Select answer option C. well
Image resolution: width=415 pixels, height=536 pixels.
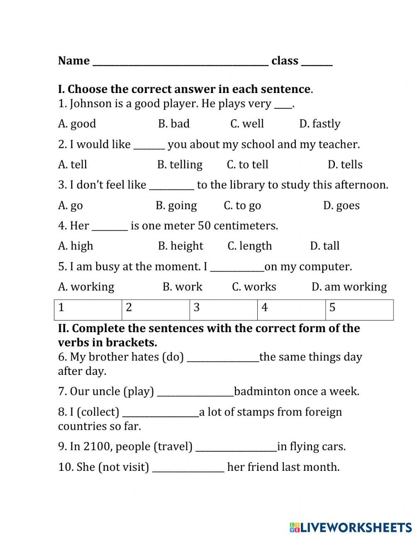pos(247,124)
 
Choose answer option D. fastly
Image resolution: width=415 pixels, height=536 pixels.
pos(320,124)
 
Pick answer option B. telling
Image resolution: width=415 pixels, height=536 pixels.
pos(180,165)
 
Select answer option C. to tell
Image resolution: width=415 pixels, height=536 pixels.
pos(247,165)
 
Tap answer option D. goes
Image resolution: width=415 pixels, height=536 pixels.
pos(341,206)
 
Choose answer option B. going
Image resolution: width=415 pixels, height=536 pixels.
pos(176,206)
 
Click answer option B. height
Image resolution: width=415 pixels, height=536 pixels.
pos(181,246)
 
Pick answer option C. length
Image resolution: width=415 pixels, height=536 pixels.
pos(249,246)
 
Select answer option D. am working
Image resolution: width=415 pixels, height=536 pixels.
pos(349,287)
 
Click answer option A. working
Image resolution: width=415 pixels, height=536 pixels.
pos(86,287)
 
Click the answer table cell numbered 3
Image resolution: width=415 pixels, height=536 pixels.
pos(223,310)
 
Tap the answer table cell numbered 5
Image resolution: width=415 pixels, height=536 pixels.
pos(359,310)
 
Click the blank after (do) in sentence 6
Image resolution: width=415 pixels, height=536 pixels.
pos(223,359)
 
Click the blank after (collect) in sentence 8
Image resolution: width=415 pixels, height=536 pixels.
pos(161,414)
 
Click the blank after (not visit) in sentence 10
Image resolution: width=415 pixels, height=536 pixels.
pos(188,469)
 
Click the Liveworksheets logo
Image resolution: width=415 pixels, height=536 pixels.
pos(351,527)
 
